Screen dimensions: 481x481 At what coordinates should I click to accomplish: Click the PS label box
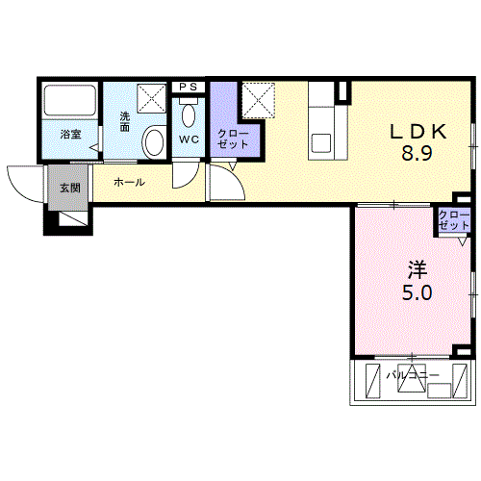(188, 87)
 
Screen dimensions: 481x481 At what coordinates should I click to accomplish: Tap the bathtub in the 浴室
(70, 100)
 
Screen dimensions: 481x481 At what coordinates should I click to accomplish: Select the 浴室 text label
(70, 134)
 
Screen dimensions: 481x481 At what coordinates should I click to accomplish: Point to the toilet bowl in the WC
(189, 115)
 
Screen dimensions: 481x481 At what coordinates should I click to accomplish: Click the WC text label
(189, 139)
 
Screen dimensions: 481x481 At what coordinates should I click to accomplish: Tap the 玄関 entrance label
(70, 188)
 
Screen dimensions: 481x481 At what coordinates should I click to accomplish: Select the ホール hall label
(129, 183)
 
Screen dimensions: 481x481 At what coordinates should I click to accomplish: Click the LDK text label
(418, 132)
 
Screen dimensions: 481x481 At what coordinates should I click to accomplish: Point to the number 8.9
(418, 153)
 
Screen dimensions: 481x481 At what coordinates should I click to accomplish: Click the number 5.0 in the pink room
(418, 292)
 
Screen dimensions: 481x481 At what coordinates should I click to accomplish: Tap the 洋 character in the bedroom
(418, 270)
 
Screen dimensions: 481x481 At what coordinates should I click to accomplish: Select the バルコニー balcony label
(413, 375)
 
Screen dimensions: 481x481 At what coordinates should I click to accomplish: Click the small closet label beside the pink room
(454, 220)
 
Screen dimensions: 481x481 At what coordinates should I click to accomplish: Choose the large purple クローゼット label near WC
(233, 139)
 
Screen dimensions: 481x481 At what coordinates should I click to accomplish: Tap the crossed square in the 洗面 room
(152, 98)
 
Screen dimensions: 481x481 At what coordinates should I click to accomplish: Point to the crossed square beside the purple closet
(258, 100)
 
